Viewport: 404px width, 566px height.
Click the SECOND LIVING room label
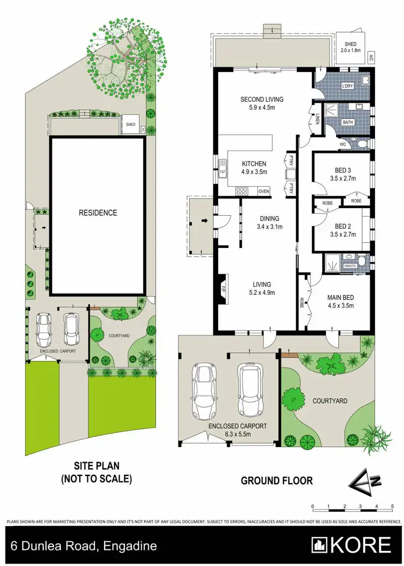click(x=262, y=100)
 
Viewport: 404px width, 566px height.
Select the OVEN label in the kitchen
click(x=264, y=191)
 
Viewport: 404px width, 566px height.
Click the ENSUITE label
click(x=350, y=265)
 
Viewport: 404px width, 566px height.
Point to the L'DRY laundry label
click(x=348, y=87)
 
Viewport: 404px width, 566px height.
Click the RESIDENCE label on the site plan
click(x=97, y=213)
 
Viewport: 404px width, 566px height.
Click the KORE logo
click(x=352, y=546)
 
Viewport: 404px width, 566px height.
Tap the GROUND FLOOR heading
click(x=276, y=480)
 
